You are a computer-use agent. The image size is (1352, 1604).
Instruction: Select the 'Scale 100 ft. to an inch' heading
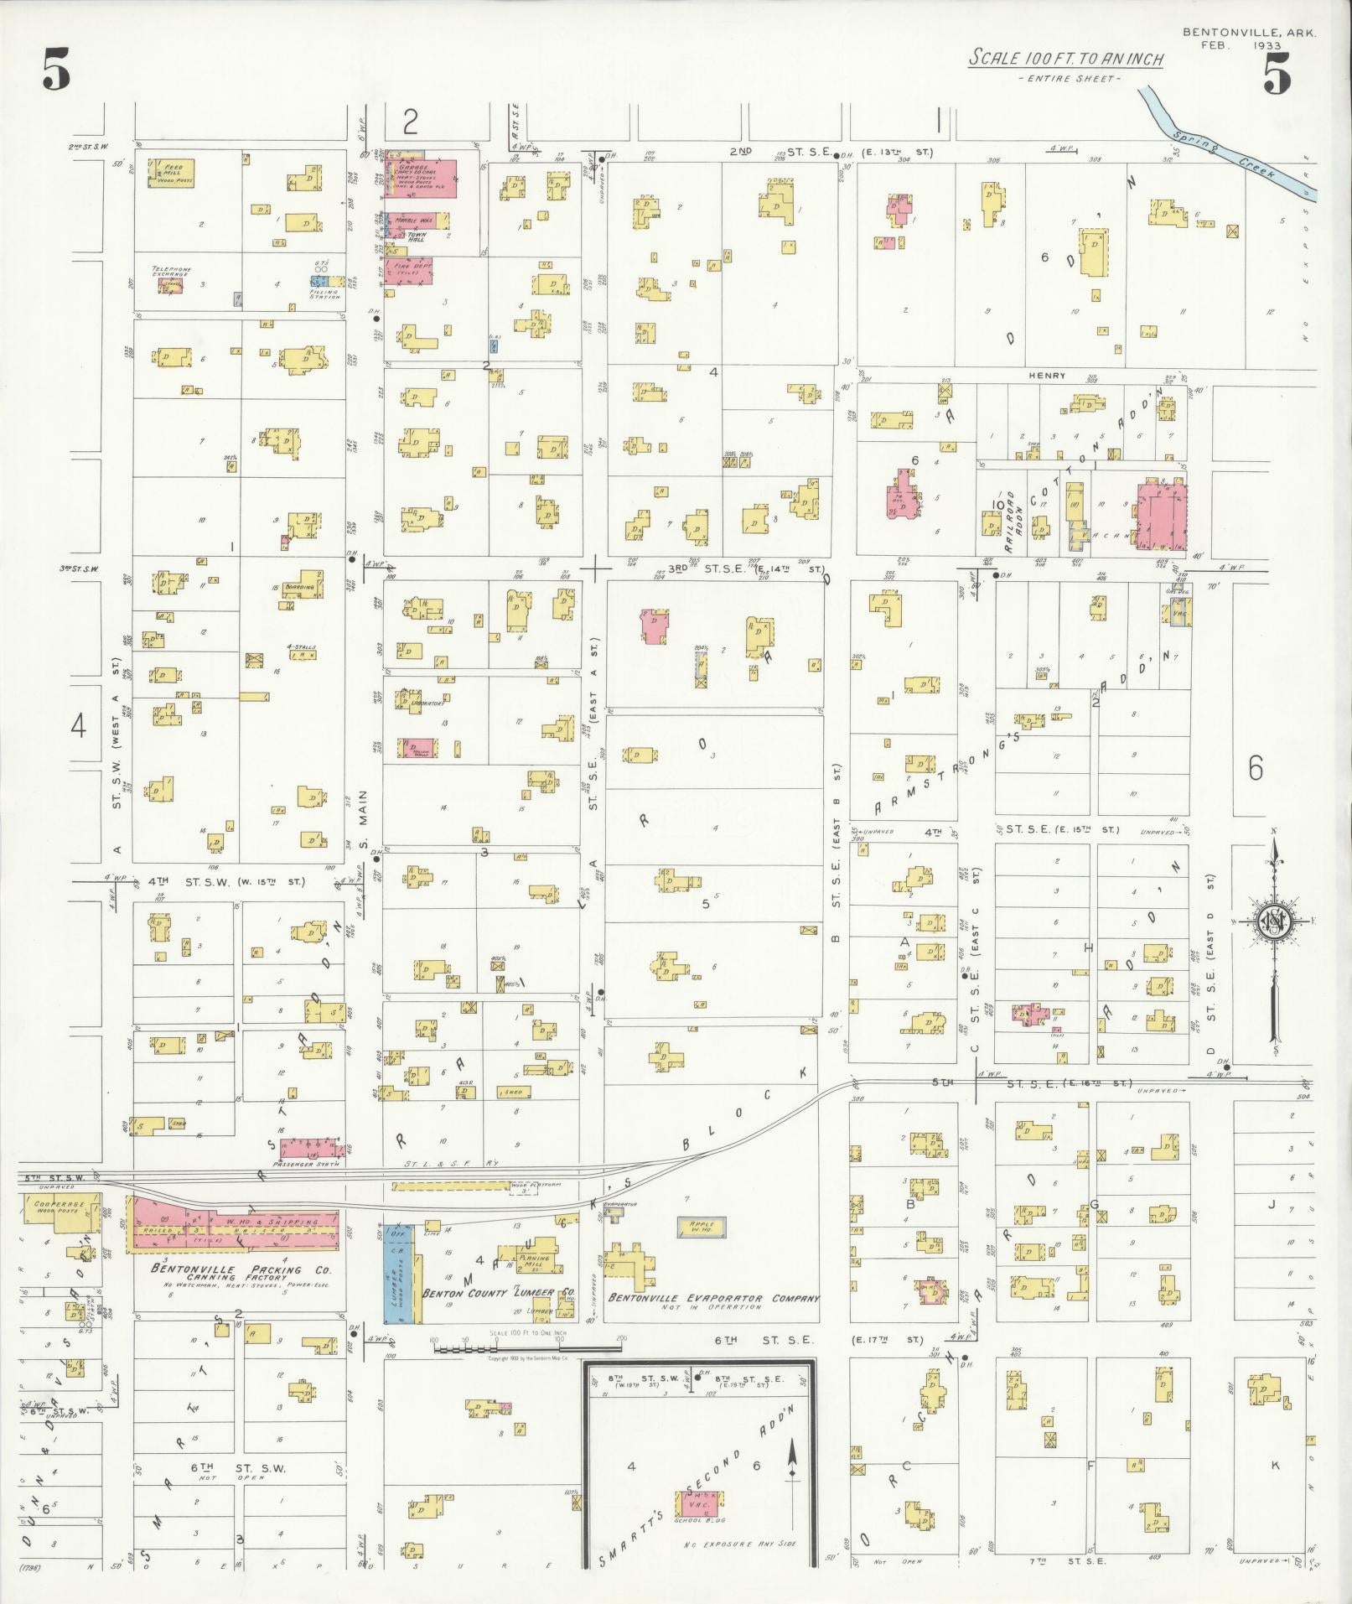pyautogui.click(x=1065, y=59)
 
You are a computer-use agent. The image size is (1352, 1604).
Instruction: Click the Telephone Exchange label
pyautogui.click(x=171, y=272)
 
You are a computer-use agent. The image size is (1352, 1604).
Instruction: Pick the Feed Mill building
pyautogui.click(x=171, y=173)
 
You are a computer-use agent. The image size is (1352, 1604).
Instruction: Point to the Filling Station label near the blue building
pyautogui.click(x=324, y=294)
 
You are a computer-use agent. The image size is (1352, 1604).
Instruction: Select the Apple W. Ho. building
pyautogui.click(x=701, y=1227)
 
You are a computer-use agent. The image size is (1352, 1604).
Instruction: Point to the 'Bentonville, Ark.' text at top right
pyautogui.click(x=1249, y=33)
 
